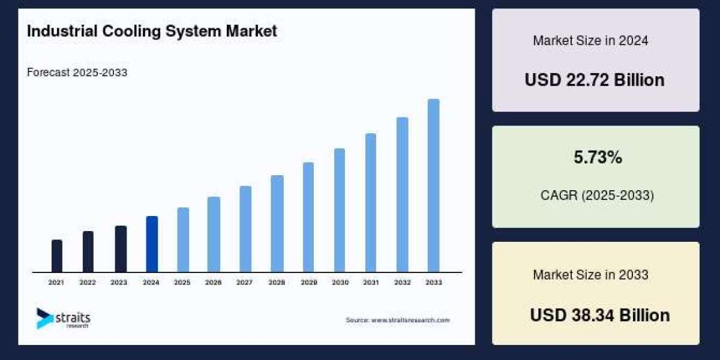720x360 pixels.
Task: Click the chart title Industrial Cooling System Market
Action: pyautogui.click(x=152, y=31)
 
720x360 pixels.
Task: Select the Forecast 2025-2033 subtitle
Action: pyautogui.click(x=77, y=73)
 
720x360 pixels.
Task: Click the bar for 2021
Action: pyautogui.click(x=57, y=256)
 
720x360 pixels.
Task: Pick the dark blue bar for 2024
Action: pyautogui.click(x=152, y=244)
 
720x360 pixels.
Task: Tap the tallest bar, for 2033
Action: pyautogui.click(x=433, y=185)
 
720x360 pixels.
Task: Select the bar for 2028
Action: pyautogui.click(x=277, y=223)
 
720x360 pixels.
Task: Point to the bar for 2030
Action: pyautogui.click(x=340, y=210)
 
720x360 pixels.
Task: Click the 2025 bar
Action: pyautogui.click(x=183, y=239)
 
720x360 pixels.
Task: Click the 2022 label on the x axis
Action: pyautogui.click(x=88, y=282)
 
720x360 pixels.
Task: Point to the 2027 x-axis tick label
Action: pyautogui.click(x=244, y=282)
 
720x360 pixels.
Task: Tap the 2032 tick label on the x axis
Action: pyautogui.click(x=402, y=282)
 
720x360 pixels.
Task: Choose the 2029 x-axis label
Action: pyautogui.click(x=308, y=282)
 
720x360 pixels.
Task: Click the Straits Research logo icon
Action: pyautogui.click(x=44, y=318)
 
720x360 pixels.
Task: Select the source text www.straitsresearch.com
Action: pyautogui.click(x=397, y=320)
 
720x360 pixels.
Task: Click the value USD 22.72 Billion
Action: pyautogui.click(x=595, y=80)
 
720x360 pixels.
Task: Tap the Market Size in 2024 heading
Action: pyautogui.click(x=590, y=41)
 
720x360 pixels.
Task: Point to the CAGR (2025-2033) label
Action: pyautogui.click(x=596, y=196)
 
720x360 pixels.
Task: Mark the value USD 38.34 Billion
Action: pyautogui.click(x=599, y=315)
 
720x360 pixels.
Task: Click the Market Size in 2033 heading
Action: pyautogui.click(x=590, y=275)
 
